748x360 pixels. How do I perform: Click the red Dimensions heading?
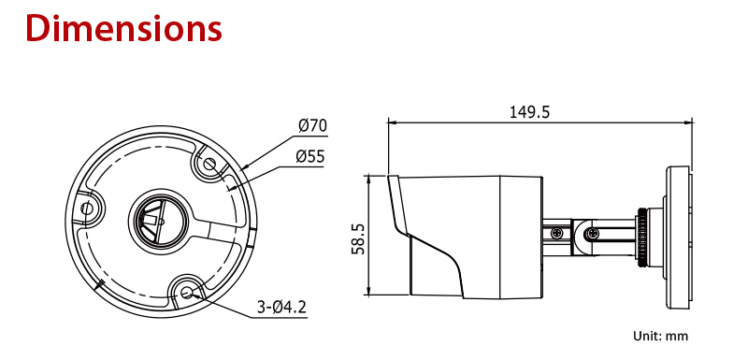click(124, 29)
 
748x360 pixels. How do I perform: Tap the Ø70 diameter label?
click(313, 126)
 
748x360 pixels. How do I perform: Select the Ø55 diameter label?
click(310, 156)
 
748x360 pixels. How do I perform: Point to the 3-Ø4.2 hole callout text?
click(281, 308)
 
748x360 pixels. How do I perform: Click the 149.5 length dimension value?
click(529, 112)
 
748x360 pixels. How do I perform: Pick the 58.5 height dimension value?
click(358, 238)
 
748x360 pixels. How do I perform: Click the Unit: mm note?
click(661, 336)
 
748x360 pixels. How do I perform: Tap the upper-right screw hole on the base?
click(209, 165)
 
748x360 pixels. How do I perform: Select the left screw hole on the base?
click(86, 209)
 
